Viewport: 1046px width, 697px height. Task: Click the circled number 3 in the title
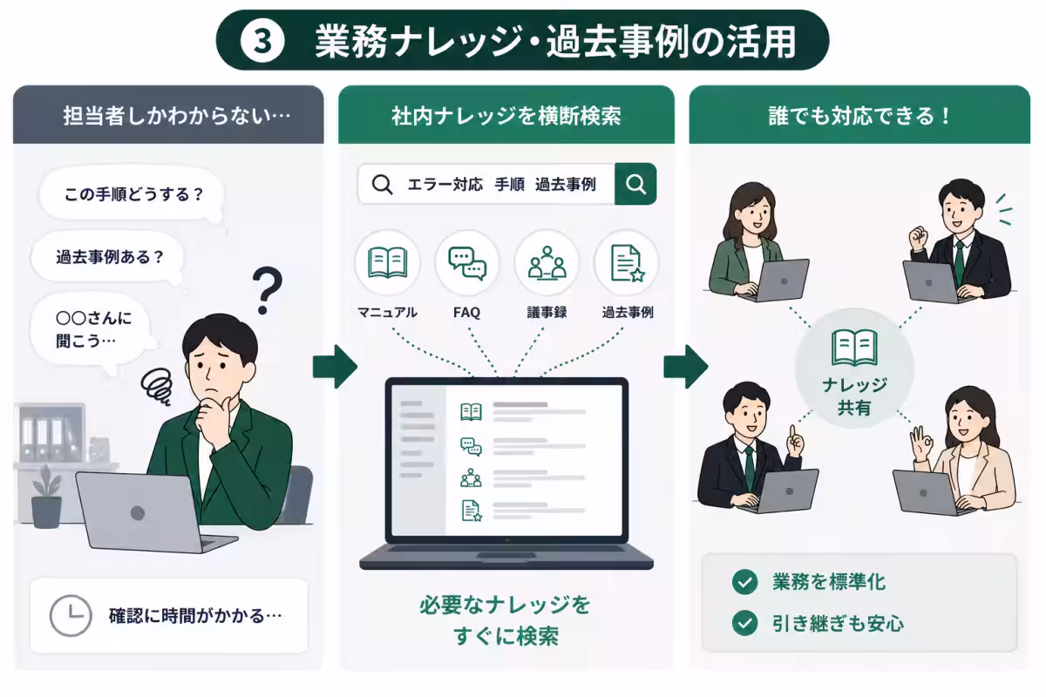(262, 41)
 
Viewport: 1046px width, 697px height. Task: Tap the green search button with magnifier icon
(635, 184)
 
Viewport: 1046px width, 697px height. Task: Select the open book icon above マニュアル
(388, 263)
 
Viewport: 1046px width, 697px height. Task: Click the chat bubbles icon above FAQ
(467, 264)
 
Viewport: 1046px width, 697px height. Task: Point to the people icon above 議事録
(547, 263)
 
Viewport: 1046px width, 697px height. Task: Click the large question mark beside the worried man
(267, 290)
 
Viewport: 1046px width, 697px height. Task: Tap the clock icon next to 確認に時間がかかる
(71, 615)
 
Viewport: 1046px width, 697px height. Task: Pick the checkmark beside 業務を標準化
(744, 582)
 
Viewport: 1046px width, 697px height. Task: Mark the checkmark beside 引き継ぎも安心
(744, 623)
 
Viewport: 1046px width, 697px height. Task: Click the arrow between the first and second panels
(335, 367)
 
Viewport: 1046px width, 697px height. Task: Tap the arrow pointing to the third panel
(685, 367)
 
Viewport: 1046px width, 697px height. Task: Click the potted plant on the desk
(46, 497)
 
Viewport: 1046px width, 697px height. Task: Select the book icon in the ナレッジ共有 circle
(854, 348)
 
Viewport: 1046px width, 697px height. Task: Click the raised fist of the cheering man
(918, 238)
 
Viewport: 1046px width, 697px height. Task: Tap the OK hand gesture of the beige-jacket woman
(920, 443)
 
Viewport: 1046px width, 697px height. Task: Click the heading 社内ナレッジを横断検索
(506, 116)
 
